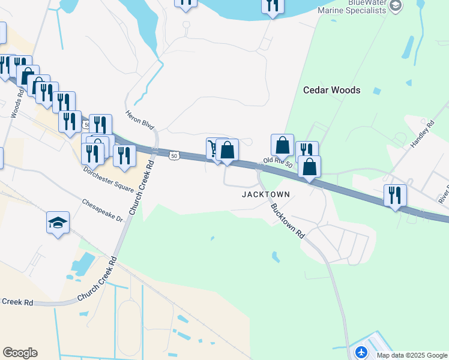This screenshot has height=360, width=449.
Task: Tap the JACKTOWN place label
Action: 266,194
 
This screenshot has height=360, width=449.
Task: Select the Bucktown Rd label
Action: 288,221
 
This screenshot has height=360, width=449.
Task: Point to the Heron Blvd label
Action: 140,121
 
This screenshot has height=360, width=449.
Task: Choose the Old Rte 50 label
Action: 277,163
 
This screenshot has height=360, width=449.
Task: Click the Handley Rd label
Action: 421,137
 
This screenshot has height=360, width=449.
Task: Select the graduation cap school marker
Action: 58,223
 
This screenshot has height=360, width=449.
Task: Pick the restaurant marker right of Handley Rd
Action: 395,195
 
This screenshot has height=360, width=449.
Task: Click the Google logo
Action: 20,353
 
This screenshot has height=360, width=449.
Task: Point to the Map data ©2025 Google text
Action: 412,355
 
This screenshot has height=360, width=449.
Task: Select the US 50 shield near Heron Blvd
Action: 173,155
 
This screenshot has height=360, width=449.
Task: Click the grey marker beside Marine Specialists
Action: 396,6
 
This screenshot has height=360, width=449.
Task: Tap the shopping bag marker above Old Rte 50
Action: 282,145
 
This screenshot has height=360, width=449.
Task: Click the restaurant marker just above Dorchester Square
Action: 124,155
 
